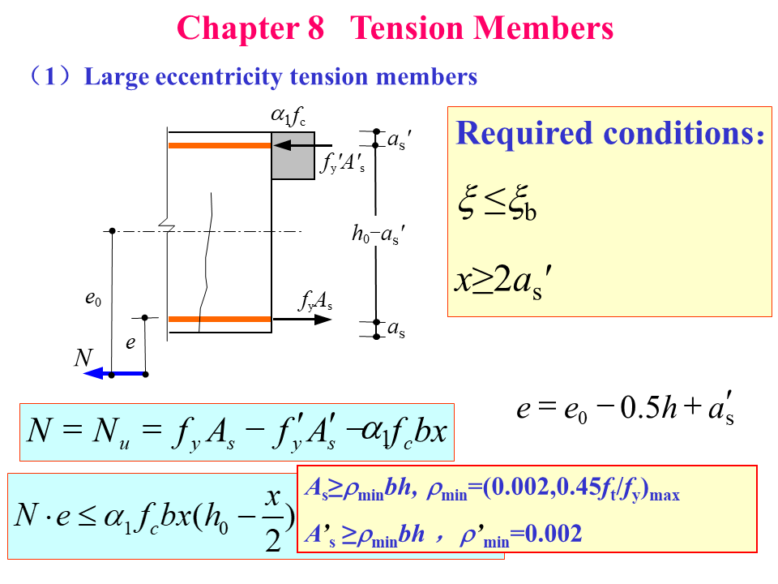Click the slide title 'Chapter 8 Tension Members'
[395, 28]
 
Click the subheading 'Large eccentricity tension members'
[280, 77]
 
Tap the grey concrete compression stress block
[293, 155]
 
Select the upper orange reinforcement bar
[219, 145]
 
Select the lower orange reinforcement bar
[219, 319]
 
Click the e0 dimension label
[93, 298]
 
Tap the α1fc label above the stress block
[288, 118]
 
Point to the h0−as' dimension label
[378, 234]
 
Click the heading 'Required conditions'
[609, 134]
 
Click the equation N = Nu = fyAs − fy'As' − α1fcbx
[237, 430]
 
